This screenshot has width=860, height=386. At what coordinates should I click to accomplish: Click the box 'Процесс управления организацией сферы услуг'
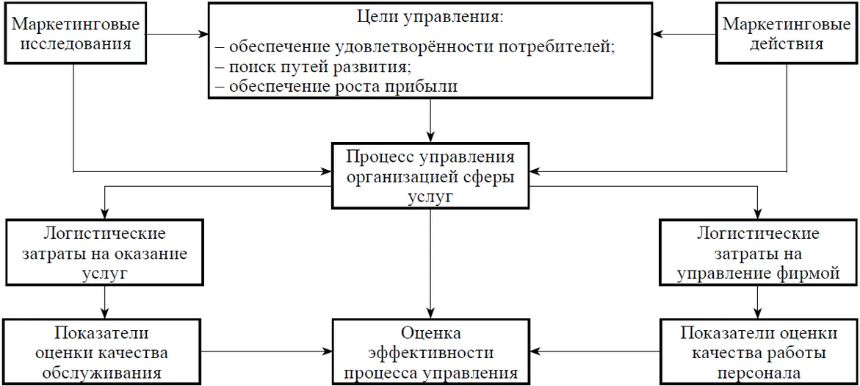tap(430, 177)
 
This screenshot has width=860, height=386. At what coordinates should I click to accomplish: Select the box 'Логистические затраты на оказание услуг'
tap(105, 253)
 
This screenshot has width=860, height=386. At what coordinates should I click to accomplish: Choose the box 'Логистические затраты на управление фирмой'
tap(758, 253)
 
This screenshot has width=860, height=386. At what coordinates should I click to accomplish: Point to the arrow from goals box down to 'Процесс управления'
tap(430, 121)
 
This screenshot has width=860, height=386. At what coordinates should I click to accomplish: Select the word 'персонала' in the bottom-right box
tap(758, 371)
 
